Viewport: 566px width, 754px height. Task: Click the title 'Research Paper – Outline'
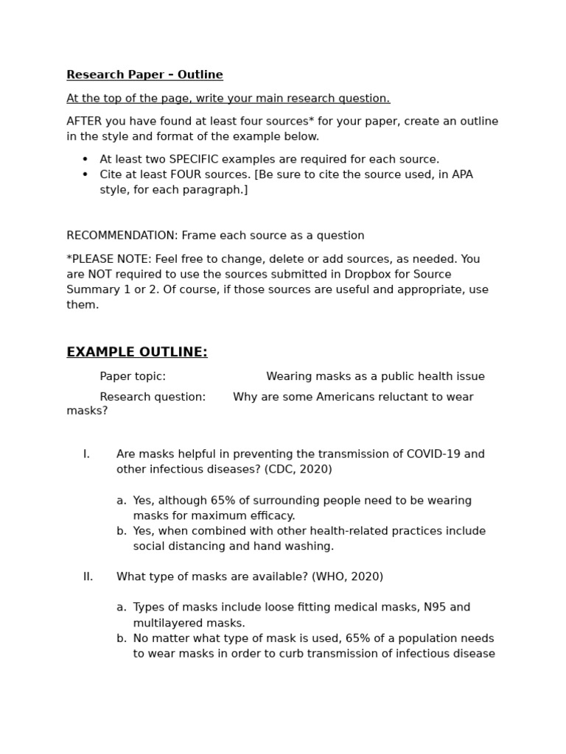(x=144, y=75)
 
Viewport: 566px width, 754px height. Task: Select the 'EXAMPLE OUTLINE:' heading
(x=137, y=353)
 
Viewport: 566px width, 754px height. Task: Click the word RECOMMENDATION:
(x=122, y=236)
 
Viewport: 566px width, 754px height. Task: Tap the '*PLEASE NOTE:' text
(x=105, y=259)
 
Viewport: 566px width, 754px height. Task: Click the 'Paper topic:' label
(x=133, y=376)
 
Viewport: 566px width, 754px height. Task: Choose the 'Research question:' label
(x=153, y=397)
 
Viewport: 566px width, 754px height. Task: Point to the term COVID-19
(x=435, y=454)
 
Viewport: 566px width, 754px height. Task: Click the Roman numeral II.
(x=88, y=577)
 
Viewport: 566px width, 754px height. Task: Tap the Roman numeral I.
(x=86, y=454)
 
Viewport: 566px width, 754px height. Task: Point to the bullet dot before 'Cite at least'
(x=85, y=175)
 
